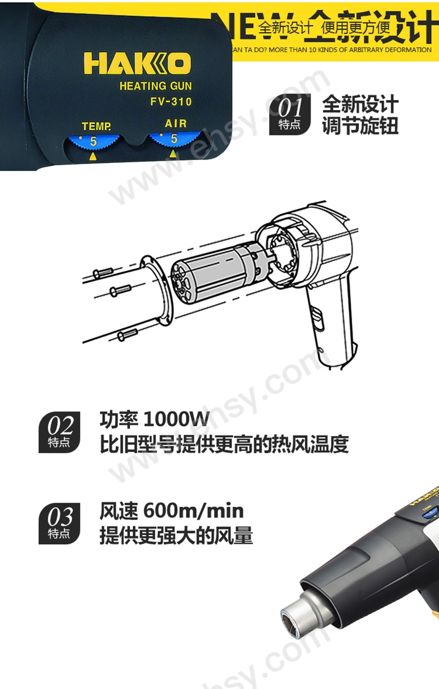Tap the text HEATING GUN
[156, 86]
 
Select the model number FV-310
[171, 102]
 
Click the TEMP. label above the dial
[96, 126]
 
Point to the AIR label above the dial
[176, 123]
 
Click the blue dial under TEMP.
[92, 143]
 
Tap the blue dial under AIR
[173, 141]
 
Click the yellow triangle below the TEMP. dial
[93, 157]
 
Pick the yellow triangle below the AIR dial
[173, 154]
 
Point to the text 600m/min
[193, 511]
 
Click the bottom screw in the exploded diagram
[127, 334]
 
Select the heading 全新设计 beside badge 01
[361, 104]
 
